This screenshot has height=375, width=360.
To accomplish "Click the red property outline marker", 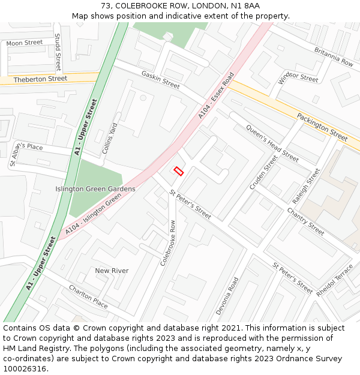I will pos(178,171).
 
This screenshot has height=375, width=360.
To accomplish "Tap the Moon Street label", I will pos(25,43).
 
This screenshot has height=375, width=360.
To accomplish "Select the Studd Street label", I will pos(58,53).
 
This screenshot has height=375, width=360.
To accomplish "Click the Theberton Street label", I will pos(40,79).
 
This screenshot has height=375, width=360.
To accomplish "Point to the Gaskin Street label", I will pos(160,79).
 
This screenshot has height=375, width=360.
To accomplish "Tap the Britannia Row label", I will pos(334,57).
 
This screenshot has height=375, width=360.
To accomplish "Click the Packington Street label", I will pos(322,126).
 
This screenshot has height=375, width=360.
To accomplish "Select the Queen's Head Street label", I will pos(272,145).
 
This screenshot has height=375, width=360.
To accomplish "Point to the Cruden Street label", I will pos(263,173).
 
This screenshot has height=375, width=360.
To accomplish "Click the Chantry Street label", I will pos(305,221).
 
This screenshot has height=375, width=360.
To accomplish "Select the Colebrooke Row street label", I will pos(168,242).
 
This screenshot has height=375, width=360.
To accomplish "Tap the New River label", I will pos(112,271).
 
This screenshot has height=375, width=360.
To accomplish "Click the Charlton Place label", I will pos(88,296).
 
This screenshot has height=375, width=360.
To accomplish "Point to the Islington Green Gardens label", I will pos(95,189).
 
